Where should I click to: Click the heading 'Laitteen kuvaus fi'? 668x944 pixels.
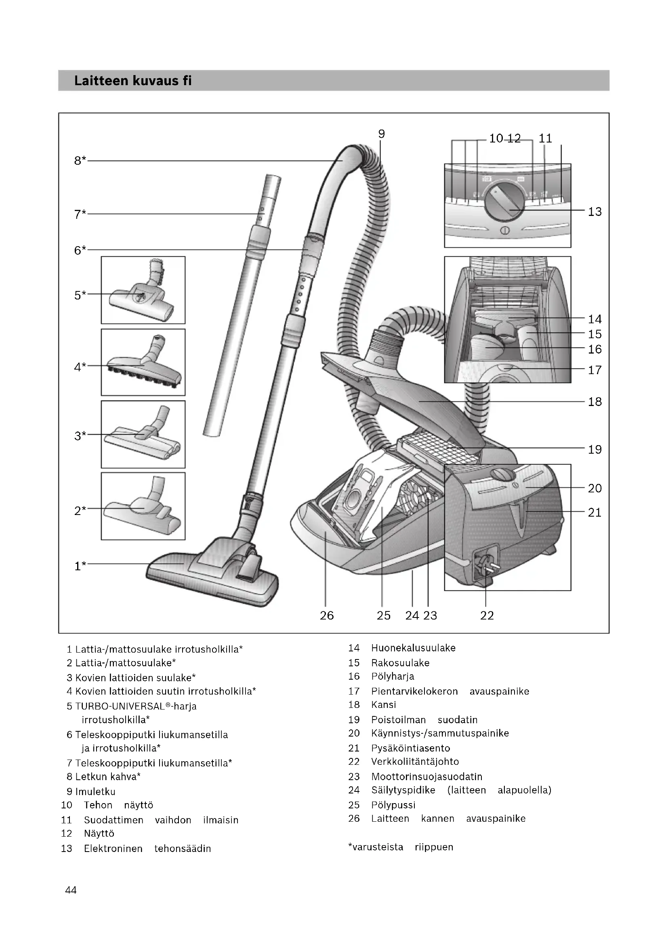(x=133, y=81)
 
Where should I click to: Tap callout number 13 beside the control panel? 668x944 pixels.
(x=594, y=212)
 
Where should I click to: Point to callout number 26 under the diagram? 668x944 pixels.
(x=327, y=615)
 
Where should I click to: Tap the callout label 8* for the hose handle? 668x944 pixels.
(x=80, y=160)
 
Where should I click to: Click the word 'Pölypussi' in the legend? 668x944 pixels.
(x=393, y=805)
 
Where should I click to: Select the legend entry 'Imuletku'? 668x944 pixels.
(x=95, y=791)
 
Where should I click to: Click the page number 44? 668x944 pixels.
(x=71, y=890)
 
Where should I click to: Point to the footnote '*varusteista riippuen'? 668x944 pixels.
(x=400, y=847)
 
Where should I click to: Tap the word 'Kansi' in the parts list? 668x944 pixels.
(x=383, y=705)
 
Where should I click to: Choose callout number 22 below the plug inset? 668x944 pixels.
(x=487, y=615)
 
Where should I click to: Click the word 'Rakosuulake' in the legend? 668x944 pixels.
(x=400, y=663)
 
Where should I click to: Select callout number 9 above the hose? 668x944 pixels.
(x=381, y=134)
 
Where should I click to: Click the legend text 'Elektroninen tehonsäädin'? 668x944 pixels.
(x=147, y=849)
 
